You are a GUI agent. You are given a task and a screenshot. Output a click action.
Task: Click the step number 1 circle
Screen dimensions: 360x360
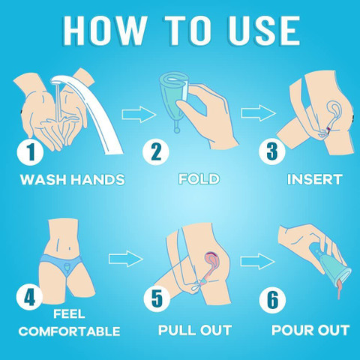[30, 152]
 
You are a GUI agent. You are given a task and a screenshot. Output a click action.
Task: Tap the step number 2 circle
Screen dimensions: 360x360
[156, 152]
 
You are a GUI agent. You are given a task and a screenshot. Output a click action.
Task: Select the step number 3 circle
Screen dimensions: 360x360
[272, 151]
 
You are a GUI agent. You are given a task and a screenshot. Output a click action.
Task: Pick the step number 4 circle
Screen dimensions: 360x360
[29, 297]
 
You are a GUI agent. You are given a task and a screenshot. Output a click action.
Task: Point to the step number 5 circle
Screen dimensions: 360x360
[157, 298]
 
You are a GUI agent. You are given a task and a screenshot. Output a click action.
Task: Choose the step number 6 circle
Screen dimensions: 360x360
[272, 299]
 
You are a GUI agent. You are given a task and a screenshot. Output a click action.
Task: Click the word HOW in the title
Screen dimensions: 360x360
[103, 31]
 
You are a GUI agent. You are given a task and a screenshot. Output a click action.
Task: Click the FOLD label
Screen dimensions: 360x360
[199, 179]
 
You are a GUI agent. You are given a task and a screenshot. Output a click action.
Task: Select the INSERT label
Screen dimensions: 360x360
[315, 179]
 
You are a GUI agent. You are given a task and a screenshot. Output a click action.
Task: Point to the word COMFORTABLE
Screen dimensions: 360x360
[70, 331]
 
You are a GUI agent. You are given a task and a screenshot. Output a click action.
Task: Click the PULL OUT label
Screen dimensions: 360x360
[195, 330]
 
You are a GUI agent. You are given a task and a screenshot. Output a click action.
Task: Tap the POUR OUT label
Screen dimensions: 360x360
[310, 330]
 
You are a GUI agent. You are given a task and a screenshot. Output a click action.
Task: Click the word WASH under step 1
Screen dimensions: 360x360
[43, 179]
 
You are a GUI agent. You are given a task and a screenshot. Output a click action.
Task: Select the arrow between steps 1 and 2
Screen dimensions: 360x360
[139, 114]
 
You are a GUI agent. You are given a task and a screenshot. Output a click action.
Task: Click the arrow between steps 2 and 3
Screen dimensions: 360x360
[259, 113]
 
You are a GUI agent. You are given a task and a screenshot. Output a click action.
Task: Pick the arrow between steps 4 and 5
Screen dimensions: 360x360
[126, 259]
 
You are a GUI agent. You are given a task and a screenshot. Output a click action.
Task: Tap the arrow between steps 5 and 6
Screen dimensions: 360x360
[257, 262]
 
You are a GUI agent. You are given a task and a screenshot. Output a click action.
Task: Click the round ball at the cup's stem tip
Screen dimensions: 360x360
[177, 130]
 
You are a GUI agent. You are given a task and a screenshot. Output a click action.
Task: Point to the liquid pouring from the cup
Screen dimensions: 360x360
[340, 289]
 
